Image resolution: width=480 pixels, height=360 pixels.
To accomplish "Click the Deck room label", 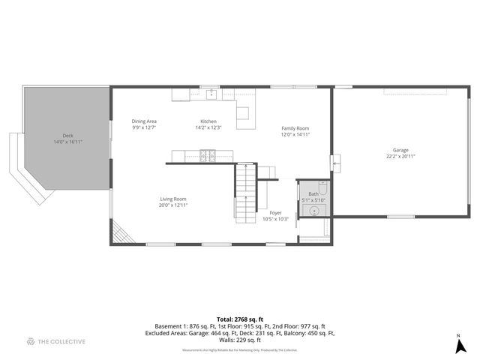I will click(x=68, y=136).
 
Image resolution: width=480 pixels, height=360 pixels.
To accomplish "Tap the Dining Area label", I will click(x=144, y=121).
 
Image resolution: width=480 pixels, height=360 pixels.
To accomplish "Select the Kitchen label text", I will click(x=208, y=121).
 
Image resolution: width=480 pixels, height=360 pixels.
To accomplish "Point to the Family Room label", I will click(x=295, y=128).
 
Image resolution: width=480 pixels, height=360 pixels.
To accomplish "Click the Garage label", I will click(x=400, y=150).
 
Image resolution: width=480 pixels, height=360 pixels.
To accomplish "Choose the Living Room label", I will click(x=172, y=199).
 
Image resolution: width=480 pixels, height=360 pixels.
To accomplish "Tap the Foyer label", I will click(x=275, y=213).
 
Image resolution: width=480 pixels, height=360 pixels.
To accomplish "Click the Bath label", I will click(x=313, y=194).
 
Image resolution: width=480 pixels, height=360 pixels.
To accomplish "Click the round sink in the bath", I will click(x=313, y=211).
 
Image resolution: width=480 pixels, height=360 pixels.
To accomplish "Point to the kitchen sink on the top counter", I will click(x=212, y=94).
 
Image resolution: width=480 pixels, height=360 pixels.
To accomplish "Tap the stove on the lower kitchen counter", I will click(x=208, y=156).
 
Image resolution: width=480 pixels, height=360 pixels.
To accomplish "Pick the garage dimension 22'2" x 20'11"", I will click(x=400, y=157).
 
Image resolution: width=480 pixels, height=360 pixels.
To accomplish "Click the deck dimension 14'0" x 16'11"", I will click(x=68, y=142).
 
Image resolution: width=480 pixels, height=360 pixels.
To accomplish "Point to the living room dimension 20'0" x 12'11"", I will click(x=172, y=205).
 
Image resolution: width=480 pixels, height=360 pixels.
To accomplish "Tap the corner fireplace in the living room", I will click(x=122, y=233).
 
